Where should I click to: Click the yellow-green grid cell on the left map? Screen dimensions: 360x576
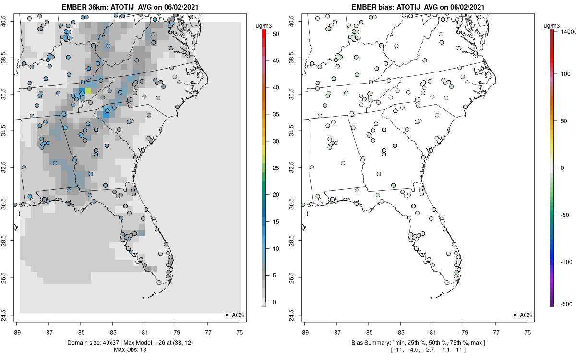[x=88, y=91]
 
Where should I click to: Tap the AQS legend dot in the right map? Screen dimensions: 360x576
[x=514, y=315]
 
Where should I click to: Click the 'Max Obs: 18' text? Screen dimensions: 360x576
[x=130, y=349]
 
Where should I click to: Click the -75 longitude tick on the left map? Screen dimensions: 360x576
[x=239, y=332]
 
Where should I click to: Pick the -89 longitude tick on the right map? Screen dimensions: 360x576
[x=305, y=332]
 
